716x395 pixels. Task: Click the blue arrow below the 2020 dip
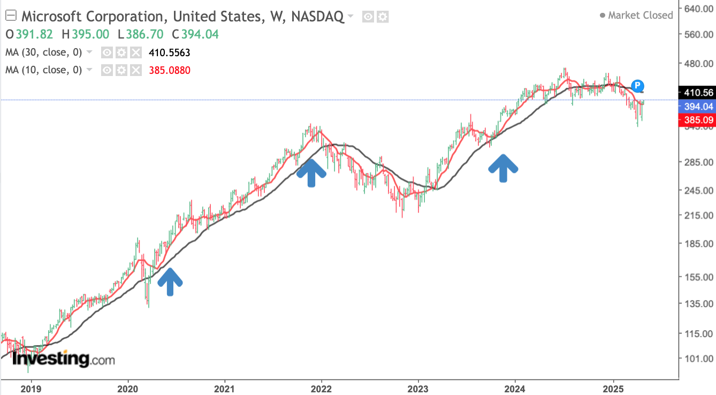click(170, 281)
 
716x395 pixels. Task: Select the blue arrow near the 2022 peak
click(311, 173)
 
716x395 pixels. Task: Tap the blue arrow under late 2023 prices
click(503, 168)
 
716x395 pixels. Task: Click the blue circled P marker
click(637, 85)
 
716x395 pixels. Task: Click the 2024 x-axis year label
click(514, 388)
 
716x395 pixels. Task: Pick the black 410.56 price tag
click(694, 93)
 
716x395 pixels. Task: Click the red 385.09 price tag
click(694, 120)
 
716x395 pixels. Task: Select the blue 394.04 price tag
click(694, 107)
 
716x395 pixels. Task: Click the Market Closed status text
click(640, 16)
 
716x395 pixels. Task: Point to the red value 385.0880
click(170, 70)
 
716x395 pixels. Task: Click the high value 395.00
click(90, 34)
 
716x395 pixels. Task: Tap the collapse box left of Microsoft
click(11, 16)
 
